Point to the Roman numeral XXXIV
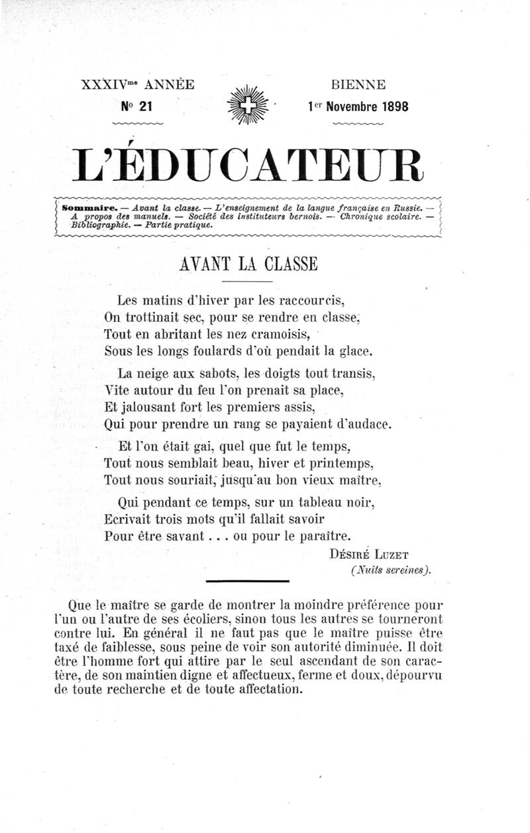click(105, 85)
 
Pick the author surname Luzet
click(397, 554)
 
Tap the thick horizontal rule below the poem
click(248, 581)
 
